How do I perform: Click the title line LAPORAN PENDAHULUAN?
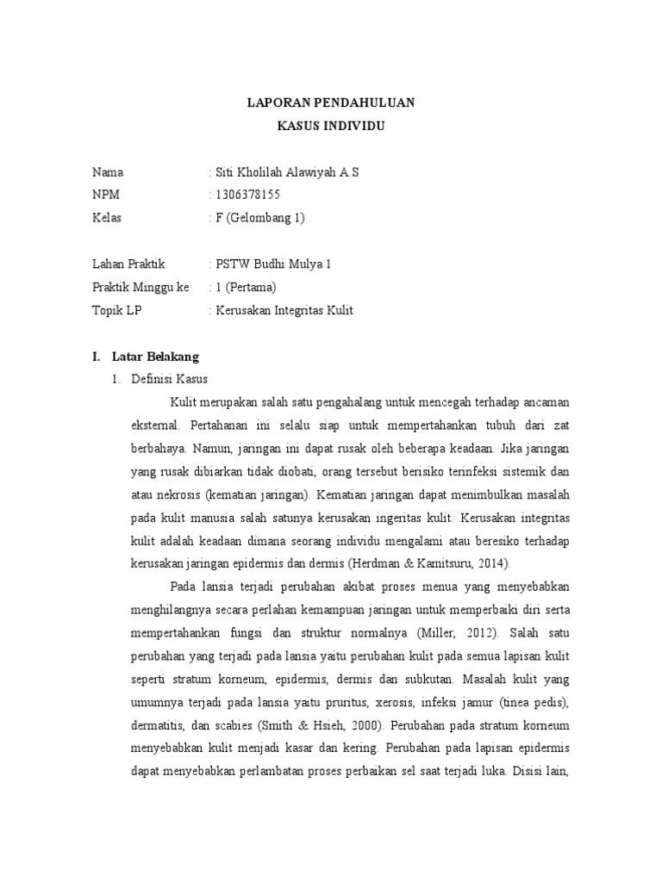tap(331, 103)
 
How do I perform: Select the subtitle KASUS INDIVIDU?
tap(331, 126)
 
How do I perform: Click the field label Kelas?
tap(107, 217)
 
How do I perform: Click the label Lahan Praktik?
tap(128, 264)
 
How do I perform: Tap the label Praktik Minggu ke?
tap(141, 287)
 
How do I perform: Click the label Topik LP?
tap(116, 310)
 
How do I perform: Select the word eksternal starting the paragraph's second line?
tap(155, 425)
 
